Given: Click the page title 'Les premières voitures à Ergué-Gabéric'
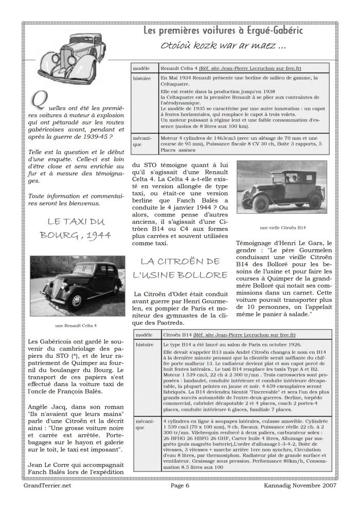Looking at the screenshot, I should tap(229, 31).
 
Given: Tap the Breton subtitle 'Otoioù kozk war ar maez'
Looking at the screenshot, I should tap(223, 46).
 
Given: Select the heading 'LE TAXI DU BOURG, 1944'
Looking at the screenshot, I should tap(75, 229).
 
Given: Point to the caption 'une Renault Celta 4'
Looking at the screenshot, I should tap(76, 325).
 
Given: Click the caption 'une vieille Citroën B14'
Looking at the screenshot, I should tap(282, 227).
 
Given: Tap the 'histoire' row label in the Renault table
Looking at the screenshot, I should tap(141, 78).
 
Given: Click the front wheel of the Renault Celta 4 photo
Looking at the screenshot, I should tap(76, 301).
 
